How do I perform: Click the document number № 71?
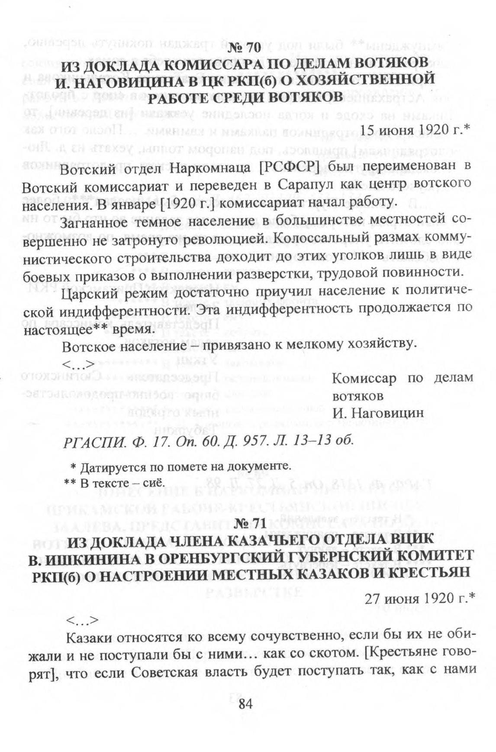tap(248, 524)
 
